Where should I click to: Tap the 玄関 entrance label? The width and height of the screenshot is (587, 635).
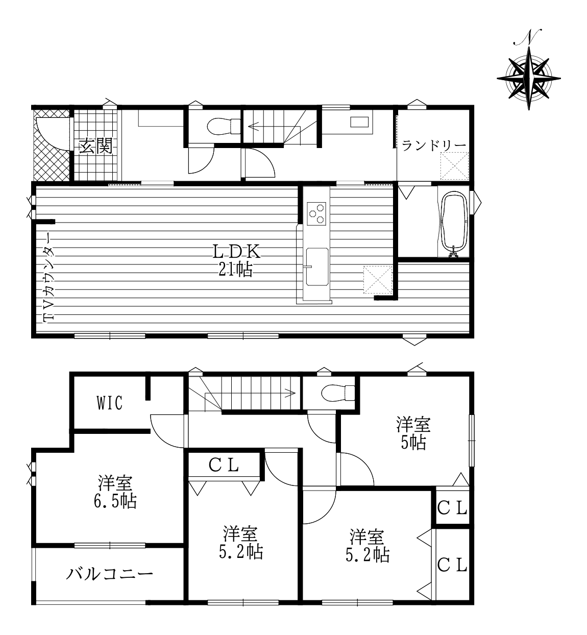95,148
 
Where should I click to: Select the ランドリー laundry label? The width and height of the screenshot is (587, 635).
433,146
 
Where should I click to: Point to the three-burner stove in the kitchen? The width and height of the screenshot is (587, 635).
316,213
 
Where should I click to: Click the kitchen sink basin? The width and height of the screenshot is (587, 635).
317,267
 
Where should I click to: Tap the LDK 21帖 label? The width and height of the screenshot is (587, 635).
236,260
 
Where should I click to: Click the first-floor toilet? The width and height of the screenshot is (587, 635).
224,126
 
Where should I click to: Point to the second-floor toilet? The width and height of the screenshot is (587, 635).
338,393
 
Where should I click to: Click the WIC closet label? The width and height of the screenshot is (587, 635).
109,403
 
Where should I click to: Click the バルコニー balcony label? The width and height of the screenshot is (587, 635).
109,575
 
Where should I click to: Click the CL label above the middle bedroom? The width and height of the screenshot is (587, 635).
224,465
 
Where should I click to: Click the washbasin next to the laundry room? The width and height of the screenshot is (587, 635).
359,122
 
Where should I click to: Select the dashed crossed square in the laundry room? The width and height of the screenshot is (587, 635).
454,166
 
